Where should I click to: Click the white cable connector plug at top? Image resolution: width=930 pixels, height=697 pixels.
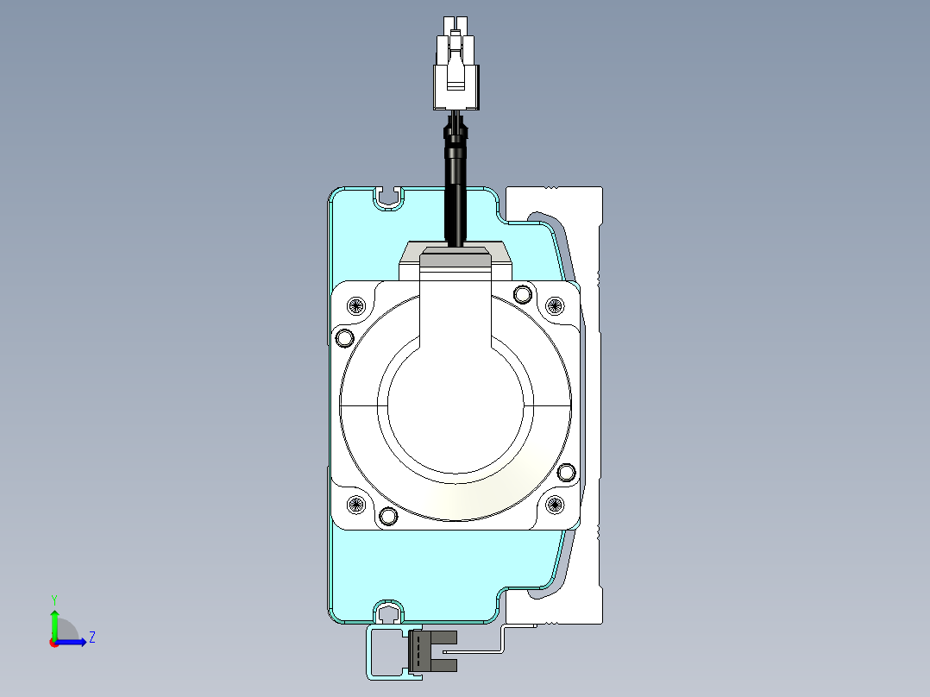pyautogui.click(x=456, y=64)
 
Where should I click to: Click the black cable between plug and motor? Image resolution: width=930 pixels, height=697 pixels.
pyautogui.click(x=456, y=178)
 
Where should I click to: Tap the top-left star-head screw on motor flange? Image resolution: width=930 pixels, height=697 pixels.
pyautogui.click(x=355, y=305)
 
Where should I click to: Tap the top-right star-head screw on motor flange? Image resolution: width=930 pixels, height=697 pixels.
pyautogui.click(x=555, y=305)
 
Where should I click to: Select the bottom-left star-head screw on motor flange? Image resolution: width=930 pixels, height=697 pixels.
pyautogui.click(x=355, y=505)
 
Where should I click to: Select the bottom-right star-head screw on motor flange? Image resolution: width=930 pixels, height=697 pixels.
pyautogui.click(x=555, y=505)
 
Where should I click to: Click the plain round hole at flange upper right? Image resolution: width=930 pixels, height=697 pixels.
pyautogui.click(x=522, y=293)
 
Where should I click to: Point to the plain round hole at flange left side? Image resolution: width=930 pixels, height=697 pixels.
pyautogui.click(x=344, y=338)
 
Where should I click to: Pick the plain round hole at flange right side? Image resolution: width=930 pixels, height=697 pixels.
pyautogui.click(x=567, y=472)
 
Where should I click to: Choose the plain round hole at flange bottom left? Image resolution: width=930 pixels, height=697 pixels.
pyautogui.click(x=388, y=516)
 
